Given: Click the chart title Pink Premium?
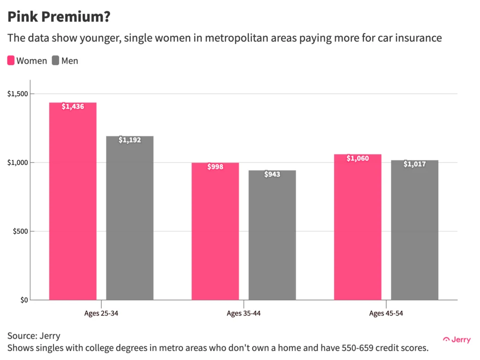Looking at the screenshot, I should (59, 17).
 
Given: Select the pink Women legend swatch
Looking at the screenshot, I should (11, 60).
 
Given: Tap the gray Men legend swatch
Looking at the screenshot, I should (56, 60).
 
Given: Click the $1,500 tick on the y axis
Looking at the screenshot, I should (17, 94).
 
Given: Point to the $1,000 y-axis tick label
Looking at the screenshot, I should (17, 163).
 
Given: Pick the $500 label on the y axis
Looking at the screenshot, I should (20, 231).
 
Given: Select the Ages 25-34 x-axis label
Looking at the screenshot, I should (101, 313).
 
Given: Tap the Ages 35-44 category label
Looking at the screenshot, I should (244, 313).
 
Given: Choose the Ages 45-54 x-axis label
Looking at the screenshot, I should (386, 313).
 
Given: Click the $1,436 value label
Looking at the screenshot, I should (73, 107).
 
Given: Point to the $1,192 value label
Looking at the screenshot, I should (129, 140).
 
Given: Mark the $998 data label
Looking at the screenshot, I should (215, 167).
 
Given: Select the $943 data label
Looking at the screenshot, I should (272, 174).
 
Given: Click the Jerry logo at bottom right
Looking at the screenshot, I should (457, 340).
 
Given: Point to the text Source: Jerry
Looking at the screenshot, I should (34, 336).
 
